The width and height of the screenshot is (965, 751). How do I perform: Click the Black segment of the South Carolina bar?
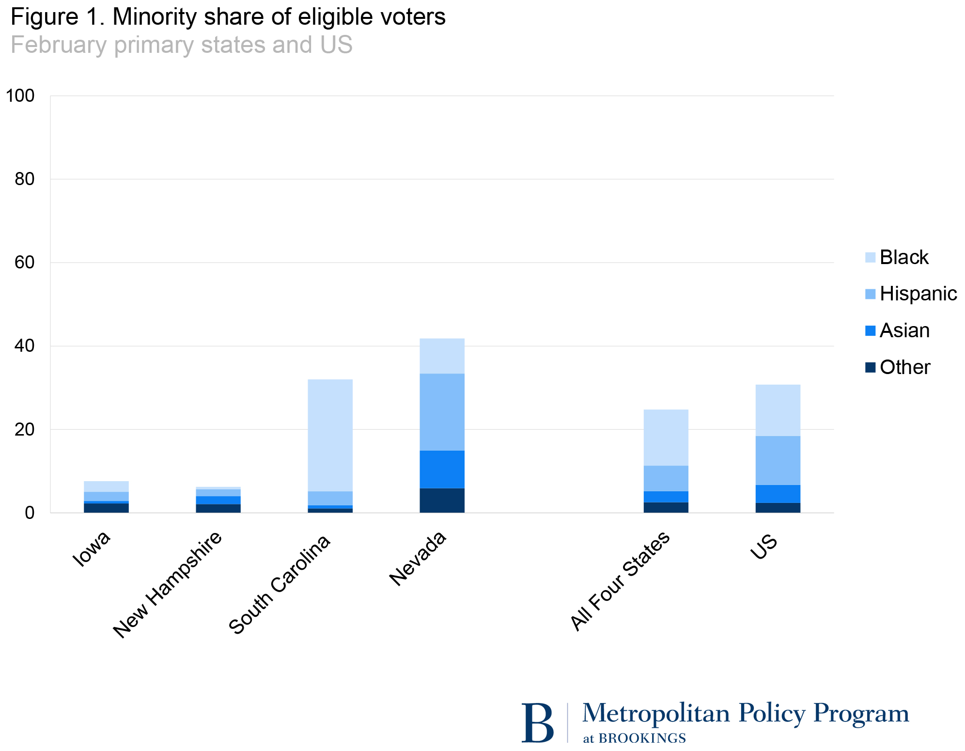[x=330, y=435]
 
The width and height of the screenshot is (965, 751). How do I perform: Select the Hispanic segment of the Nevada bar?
[x=442, y=412]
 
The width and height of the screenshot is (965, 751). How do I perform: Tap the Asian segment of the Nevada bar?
[x=442, y=469]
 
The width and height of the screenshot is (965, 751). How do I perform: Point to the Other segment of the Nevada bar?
[x=442, y=500]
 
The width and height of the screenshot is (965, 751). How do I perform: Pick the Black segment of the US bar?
[x=778, y=410]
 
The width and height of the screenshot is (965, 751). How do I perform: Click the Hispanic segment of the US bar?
[x=778, y=460]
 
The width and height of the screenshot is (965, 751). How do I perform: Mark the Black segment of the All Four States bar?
[x=666, y=438]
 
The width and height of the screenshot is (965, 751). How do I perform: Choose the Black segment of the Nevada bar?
[x=442, y=356]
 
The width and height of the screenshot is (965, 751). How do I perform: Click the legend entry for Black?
[x=903, y=257]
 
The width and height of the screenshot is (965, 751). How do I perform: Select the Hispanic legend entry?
[x=918, y=294]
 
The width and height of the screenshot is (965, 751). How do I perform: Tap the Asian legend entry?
[x=904, y=330]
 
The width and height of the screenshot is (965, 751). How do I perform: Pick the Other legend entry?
[x=904, y=367]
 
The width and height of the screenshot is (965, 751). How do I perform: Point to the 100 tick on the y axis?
[x=20, y=96]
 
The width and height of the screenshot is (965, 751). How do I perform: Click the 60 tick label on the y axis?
[x=24, y=263]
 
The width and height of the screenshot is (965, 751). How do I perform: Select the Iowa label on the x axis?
[x=92, y=549]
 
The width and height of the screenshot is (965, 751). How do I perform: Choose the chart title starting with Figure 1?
[x=228, y=17]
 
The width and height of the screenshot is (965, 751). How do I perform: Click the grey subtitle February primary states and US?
[x=181, y=45]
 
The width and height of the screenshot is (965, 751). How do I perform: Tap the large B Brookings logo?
[x=538, y=723]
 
